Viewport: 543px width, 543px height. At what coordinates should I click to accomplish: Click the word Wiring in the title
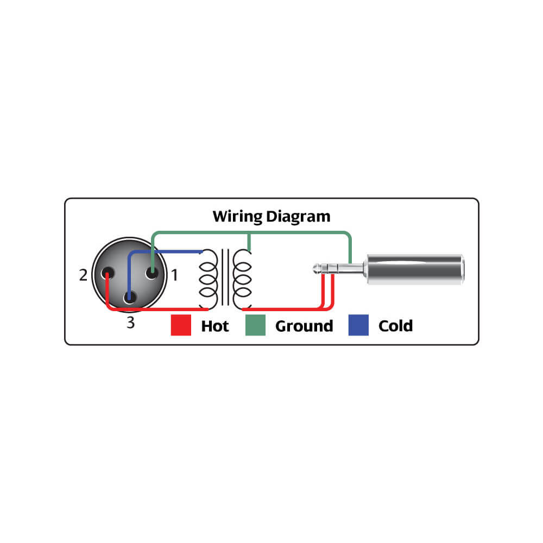[237, 217]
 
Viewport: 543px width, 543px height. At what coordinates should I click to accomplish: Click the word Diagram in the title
[298, 217]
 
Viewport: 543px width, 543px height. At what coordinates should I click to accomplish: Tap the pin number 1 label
[174, 275]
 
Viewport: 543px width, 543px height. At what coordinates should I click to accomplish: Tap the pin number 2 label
[83, 275]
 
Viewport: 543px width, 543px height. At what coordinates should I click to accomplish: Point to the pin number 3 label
[130, 323]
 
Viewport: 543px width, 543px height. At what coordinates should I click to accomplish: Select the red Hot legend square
[181, 325]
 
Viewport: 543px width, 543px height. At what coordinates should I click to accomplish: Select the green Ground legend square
[255, 325]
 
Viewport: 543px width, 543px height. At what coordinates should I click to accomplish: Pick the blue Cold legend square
[358, 325]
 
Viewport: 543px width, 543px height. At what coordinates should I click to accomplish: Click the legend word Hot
[215, 326]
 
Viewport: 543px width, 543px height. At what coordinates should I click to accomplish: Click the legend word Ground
[305, 326]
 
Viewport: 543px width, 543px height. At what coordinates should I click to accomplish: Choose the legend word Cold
[395, 326]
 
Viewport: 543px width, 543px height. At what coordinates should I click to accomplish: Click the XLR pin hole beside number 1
[151, 273]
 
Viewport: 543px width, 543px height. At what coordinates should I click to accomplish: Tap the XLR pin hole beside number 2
[108, 273]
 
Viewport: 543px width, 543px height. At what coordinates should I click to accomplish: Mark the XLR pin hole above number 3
[130, 297]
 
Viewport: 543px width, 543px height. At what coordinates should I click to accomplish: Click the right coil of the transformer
[242, 279]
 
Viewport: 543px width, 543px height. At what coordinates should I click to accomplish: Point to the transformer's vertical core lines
[225, 277]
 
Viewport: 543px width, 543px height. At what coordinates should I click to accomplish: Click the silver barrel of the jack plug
[415, 269]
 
